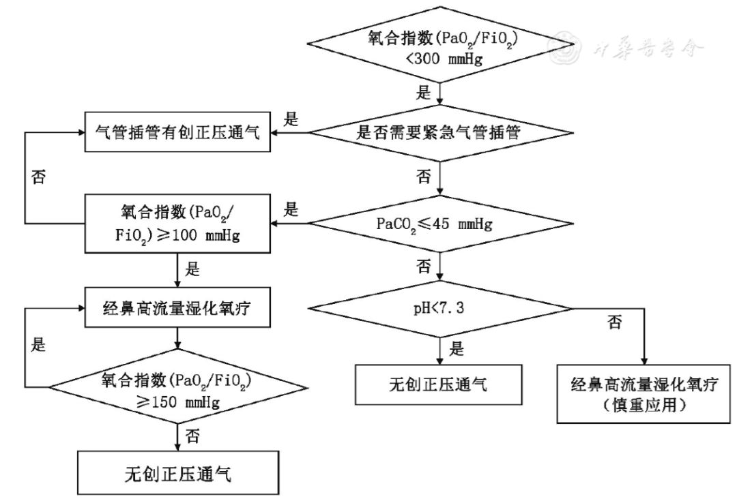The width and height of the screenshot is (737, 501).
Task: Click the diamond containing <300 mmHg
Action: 444,47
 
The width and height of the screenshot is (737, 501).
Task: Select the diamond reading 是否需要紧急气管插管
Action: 444,133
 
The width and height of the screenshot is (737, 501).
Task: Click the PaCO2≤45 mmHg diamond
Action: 444,223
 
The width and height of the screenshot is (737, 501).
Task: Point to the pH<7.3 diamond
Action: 444,308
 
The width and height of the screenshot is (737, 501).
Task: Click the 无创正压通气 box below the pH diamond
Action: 444,384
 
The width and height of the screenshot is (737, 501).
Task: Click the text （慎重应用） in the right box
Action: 644,406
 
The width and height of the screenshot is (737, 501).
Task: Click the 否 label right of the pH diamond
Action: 614,322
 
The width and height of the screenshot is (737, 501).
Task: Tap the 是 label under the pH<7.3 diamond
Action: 457,349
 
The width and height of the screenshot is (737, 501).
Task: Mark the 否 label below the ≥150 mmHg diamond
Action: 192,436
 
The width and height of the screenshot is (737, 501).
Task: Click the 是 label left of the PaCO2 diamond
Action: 291,209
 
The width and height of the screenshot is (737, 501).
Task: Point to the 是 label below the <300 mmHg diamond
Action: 424,92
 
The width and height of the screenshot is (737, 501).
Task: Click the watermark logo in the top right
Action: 566,46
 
